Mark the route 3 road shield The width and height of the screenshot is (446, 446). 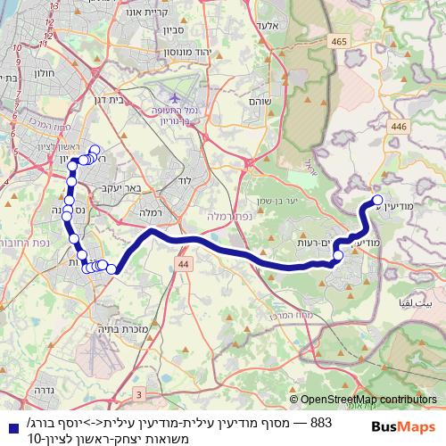(138, 393)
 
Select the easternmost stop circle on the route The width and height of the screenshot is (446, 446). (377, 201)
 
